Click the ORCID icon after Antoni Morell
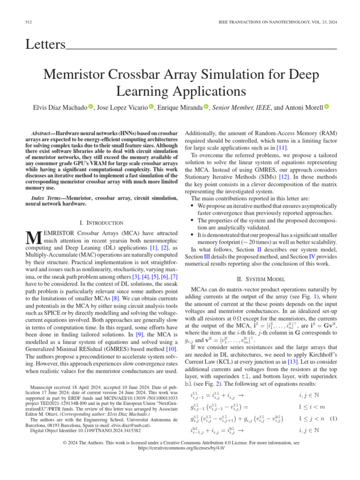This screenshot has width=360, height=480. coord(327,107)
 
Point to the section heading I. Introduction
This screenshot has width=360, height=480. coord(101,223)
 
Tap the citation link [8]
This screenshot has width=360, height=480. coord(115,297)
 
